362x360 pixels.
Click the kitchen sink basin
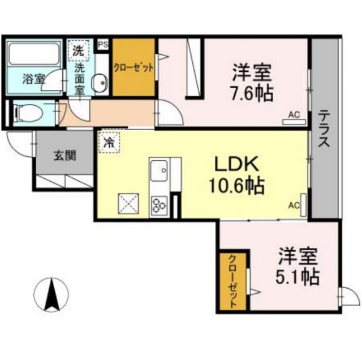coord(159,168)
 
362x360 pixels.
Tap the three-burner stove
coord(158,205)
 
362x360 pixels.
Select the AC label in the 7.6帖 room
coord(294,114)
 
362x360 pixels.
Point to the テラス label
coord(324,128)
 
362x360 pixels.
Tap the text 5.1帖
coord(297,276)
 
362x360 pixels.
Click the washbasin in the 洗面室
coord(101,83)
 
